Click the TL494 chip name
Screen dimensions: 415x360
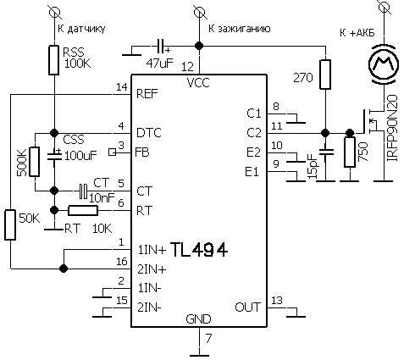(199, 250)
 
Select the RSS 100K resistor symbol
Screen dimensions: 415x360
(53, 60)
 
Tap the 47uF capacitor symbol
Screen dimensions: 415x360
(161, 46)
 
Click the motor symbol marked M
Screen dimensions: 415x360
(384, 64)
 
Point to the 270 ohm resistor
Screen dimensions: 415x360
(325, 75)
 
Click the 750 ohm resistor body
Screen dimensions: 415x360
(350, 152)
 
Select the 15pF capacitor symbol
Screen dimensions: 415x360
(326, 152)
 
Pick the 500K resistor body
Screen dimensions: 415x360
(35, 162)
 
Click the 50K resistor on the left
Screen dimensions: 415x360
(10, 225)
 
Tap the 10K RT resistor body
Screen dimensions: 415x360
(83, 211)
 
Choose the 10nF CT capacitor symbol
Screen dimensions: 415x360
(83, 191)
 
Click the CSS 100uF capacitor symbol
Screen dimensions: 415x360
(54, 156)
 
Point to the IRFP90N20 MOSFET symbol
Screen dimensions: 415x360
(370, 125)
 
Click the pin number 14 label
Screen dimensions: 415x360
(122, 87)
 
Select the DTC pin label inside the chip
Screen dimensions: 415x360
(148, 133)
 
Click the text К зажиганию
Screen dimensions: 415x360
(240, 29)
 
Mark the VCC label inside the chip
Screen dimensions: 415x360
(198, 83)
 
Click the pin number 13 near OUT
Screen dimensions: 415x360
(277, 301)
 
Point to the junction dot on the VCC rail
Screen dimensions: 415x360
(199, 46)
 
